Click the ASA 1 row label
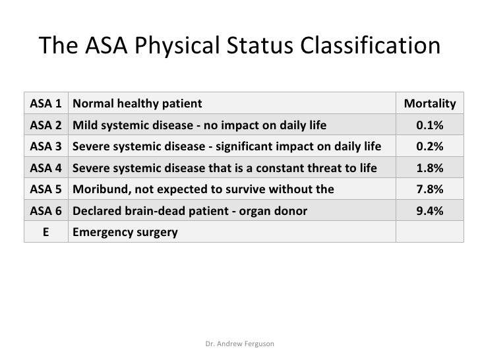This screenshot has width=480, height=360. (x=46, y=104)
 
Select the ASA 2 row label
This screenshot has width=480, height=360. (x=46, y=125)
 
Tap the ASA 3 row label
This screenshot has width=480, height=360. (x=46, y=146)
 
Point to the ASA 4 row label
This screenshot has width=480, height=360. (x=46, y=168)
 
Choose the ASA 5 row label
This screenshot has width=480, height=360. (x=46, y=189)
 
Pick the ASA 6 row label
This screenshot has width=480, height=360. (x=46, y=211)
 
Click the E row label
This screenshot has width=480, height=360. (x=46, y=232)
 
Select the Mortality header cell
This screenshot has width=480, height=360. (x=429, y=104)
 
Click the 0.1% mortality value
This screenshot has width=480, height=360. (x=429, y=125)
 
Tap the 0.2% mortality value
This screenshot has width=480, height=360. (x=429, y=146)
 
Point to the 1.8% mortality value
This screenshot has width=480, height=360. (x=429, y=168)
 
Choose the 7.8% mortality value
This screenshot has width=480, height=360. (x=429, y=189)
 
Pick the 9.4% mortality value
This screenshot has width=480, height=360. (x=429, y=211)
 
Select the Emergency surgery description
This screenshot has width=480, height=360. (x=125, y=232)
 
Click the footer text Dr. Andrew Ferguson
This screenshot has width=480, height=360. (x=240, y=344)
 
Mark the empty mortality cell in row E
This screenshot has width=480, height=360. (x=429, y=232)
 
